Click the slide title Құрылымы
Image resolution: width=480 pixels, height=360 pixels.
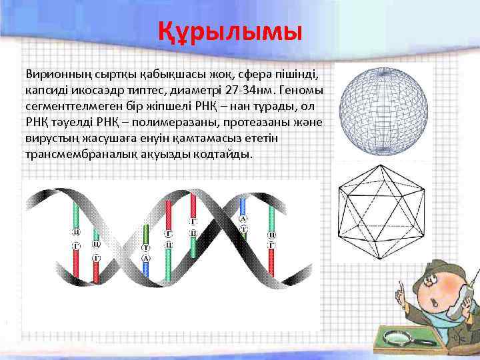click(x=230, y=31)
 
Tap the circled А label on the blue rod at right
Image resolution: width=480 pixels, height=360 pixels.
click(x=243, y=219)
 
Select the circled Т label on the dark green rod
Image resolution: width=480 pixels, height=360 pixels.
click(x=145, y=247)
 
